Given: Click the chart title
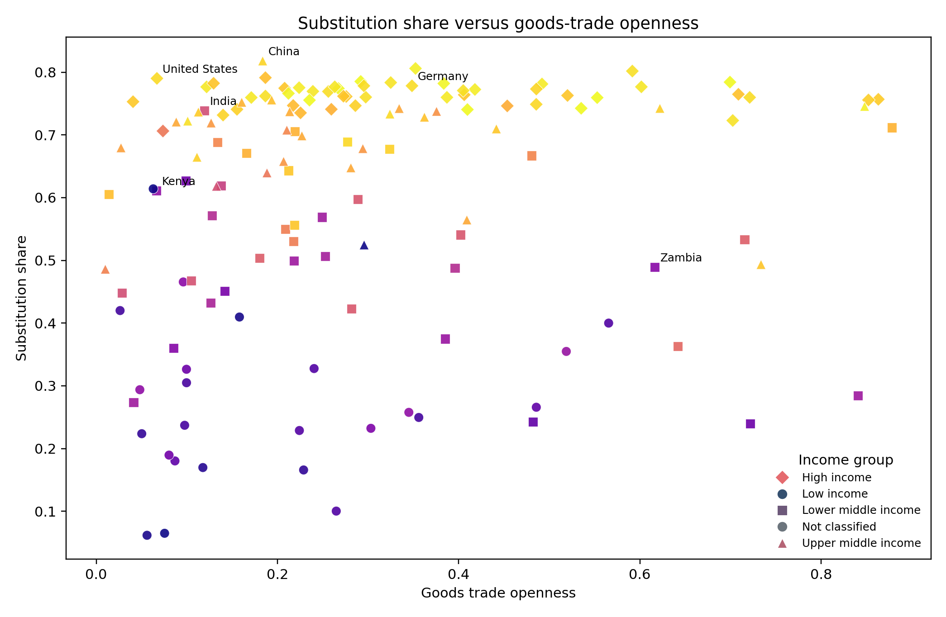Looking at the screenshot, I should coord(498,23).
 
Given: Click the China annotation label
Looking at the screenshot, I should coord(284,52).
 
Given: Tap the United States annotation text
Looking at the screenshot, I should coord(200,69).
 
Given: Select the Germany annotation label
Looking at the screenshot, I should coord(443,76).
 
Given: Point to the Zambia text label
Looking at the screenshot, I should coord(681,258).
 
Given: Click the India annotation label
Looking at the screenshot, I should coord(223,101).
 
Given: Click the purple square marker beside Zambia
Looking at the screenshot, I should coord(655,267).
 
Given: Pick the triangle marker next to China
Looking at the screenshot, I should coord(263,61).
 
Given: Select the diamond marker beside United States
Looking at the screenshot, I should coord(157,78).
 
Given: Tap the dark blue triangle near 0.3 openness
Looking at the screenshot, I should coord(364,245).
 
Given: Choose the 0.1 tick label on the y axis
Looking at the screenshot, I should coord(48,512).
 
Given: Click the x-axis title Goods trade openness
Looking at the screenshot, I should coord(498,593).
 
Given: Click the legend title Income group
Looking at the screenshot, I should coord(846,460).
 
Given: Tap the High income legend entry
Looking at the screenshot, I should coord(836,478).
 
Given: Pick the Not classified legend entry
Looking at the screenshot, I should coord(839,527).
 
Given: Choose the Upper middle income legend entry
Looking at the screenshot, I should coord(861,543).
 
